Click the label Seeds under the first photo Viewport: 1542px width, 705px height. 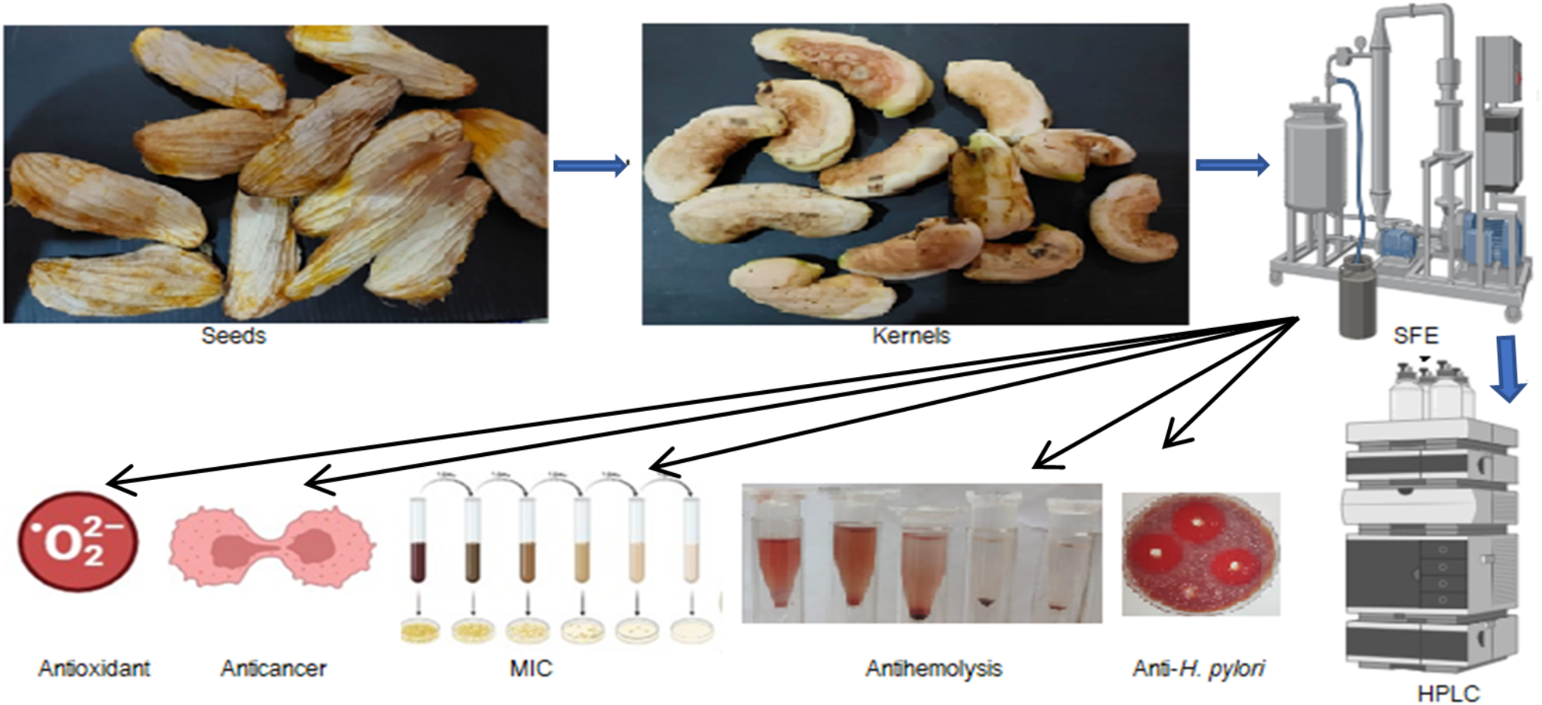pyautogui.click(x=233, y=336)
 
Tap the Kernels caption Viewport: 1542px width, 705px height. pyautogui.click(x=911, y=336)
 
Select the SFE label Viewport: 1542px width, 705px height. pyautogui.click(x=1415, y=336)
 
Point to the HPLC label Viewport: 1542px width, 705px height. pyautogui.click(x=1448, y=693)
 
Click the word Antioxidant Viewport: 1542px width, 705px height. pyautogui.click(x=94, y=668)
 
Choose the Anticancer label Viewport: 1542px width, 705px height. pyautogui.click(x=273, y=668)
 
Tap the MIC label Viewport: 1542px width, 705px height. pyautogui.click(x=531, y=668)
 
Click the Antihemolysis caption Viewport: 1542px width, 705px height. pyautogui.click(x=934, y=668)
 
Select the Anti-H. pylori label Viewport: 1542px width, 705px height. pyautogui.click(x=1199, y=668)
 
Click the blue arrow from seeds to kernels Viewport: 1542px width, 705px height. pyautogui.click(x=590, y=165)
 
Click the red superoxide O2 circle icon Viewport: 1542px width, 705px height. pyautogui.click(x=78, y=541)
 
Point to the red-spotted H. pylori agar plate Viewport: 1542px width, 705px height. pyautogui.click(x=1200, y=554)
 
